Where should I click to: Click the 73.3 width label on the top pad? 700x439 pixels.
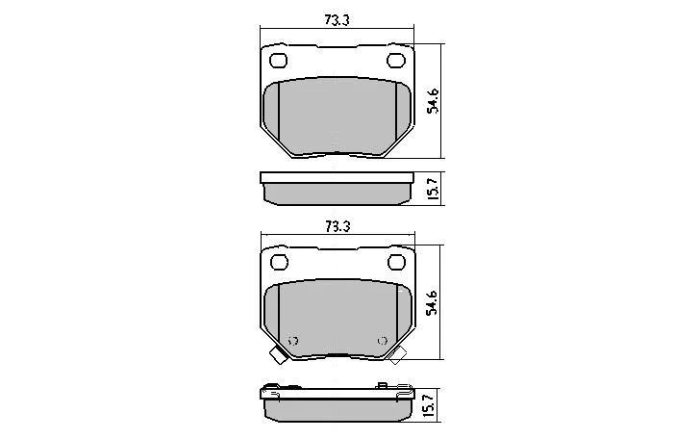(337, 20)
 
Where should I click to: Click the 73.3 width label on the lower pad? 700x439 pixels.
(337, 226)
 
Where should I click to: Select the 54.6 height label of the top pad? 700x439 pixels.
(433, 101)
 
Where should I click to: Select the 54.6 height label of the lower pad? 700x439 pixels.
(432, 303)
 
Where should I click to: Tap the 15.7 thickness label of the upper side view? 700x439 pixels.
(433, 189)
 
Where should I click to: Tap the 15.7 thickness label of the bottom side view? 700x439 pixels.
(429, 406)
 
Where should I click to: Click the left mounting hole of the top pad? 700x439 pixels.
(278, 61)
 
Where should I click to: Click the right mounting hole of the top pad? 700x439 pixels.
(395, 61)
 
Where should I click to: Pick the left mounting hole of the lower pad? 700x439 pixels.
(280, 263)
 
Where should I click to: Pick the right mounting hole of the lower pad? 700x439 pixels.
(396, 263)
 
